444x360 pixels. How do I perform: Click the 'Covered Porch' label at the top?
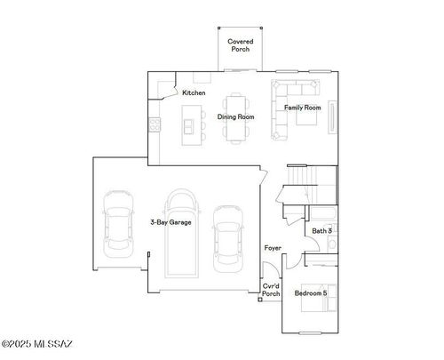coord(240,45)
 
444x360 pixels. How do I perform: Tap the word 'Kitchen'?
coord(194,93)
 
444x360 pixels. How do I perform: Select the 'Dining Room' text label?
coord(236,116)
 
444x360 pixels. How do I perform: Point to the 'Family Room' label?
coord(302,108)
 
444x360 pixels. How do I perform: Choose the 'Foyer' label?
coord(274,248)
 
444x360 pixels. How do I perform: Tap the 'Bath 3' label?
coord(321,231)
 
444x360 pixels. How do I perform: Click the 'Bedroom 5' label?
coord(311,292)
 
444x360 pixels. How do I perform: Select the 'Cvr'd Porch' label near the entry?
coord(271,292)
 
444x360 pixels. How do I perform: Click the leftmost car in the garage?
coord(117,222)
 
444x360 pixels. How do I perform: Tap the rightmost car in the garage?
coord(227,237)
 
